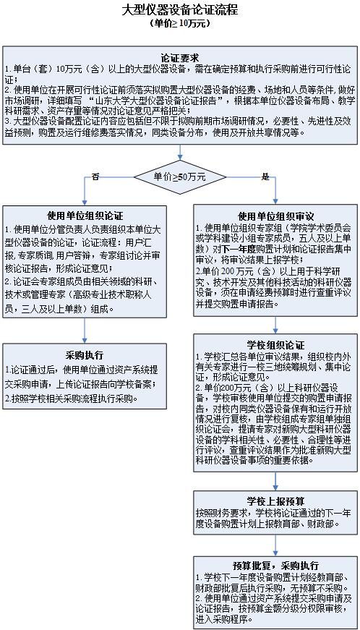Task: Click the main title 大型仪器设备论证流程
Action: click(179, 10)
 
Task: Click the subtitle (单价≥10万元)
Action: click(179, 24)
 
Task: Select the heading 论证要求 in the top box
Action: click(179, 56)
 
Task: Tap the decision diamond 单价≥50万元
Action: click(179, 176)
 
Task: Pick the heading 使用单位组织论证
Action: click(85, 216)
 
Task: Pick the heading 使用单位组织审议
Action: click(275, 216)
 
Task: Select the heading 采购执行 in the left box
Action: click(85, 355)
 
